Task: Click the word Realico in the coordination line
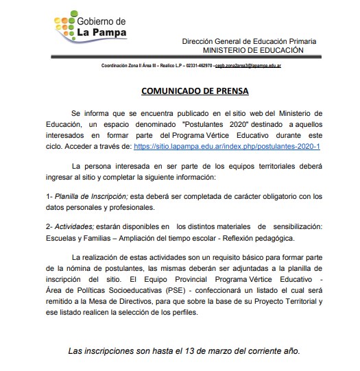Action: [155, 66]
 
